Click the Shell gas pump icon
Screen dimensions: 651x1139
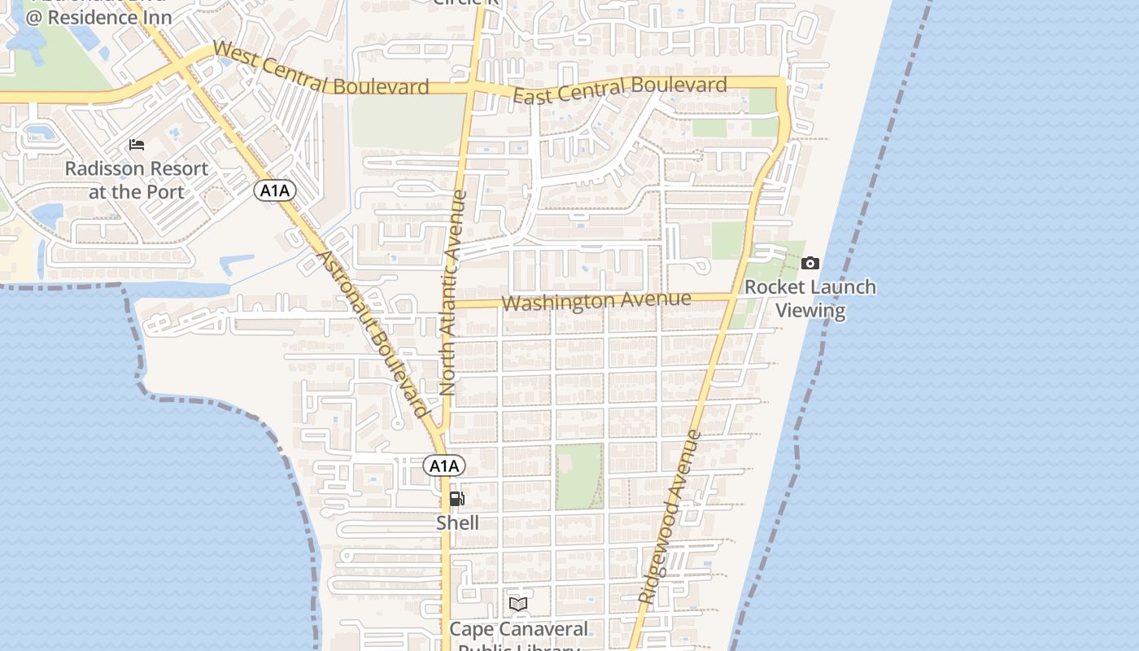[x=457, y=499]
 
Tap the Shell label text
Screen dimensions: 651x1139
[x=457, y=522]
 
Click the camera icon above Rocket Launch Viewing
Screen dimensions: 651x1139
[x=810, y=263]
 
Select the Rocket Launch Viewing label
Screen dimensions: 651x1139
[x=810, y=299]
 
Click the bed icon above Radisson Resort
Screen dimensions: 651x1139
[x=137, y=145]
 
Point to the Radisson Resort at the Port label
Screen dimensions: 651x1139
[x=137, y=180]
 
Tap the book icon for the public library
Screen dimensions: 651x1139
[x=518, y=604]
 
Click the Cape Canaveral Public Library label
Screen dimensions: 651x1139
[x=518, y=631]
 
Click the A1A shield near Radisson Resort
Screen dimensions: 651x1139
[x=275, y=191]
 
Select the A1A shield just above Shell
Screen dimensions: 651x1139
[x=444, y=465]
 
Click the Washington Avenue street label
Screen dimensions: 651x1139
[x=596, y=301]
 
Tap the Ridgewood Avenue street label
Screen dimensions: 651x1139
[x=670, y=517]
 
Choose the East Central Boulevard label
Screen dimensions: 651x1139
[x=620, y=90]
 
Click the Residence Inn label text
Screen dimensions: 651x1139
[x=99, y=16]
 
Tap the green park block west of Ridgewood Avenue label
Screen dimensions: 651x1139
[x=579, y=475]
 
